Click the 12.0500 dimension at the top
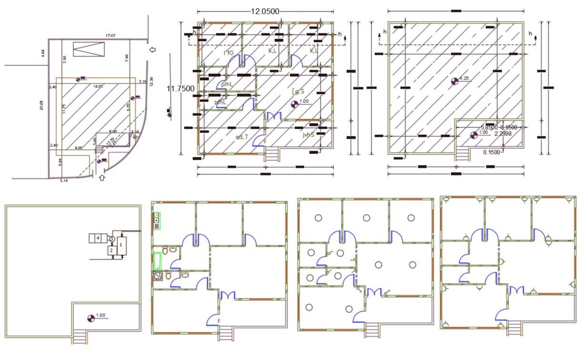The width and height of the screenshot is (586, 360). point(264,11)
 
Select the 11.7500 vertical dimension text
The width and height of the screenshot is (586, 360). point(181,88)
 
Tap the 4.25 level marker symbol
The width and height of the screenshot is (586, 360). point(455,81)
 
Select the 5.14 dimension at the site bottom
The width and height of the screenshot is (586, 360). point(63,181)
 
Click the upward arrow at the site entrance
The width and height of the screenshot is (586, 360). point(101,178)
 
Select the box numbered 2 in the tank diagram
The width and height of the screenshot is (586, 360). point(111,250)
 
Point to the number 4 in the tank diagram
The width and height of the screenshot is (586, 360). point(98,237)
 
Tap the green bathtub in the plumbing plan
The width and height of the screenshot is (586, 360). point(157,261)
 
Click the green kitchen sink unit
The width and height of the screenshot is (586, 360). point(157,220)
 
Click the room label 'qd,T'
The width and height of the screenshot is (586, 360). point(242,137)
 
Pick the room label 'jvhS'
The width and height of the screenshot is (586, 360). point(308,135)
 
